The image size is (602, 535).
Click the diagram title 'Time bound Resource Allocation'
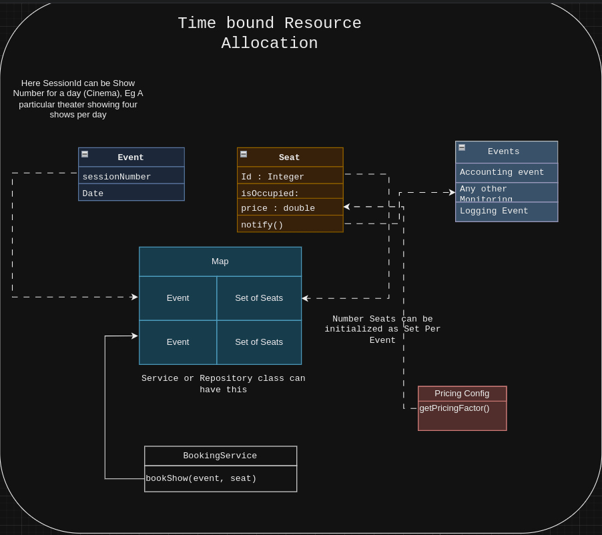click(x=269, y=33)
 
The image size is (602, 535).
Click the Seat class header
click(x=290, y=157)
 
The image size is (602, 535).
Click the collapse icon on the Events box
click(x=462, y=147)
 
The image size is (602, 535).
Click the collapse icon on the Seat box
click(x=244, y=154)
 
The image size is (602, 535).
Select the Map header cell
click(x=220, y=261)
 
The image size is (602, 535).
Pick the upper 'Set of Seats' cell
click(x=259, y=298)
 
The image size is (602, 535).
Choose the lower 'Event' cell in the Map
click(x=178, y=342)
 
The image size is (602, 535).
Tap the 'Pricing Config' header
click(x=462, y=394)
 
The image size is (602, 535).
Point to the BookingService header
click(x=220, y=456)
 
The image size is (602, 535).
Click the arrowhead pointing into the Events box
click(x=452, y=193)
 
